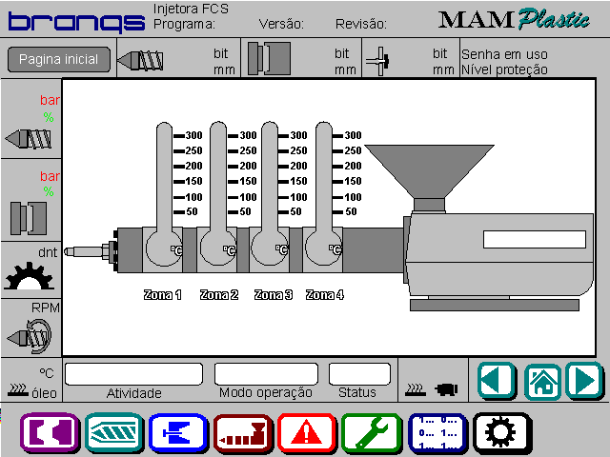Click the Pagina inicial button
pyautogui.click(x=59, y=59)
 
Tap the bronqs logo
pyautogui.click(x=76, y=23)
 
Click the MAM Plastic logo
pyautogui.click(x=514, y=19)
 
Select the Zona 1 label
pyautogui.click(x=163, y=295)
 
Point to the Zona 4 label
pyautogui.click(x=325, y=295)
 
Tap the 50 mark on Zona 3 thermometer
pyautogui.click(x=290, y=211)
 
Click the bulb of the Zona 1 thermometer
pyautogui.click(x=164, y=248)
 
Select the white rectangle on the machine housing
pyautogui.click(x=535, y=239)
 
